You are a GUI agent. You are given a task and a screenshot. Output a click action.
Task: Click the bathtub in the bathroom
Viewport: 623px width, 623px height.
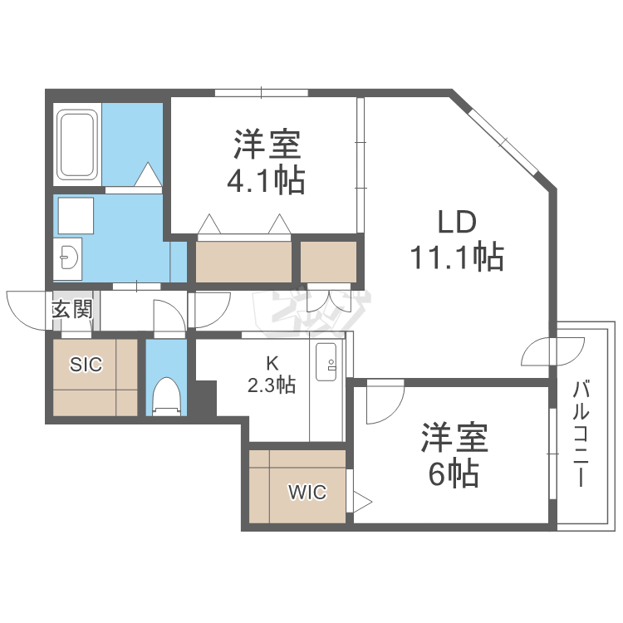tap(77, 145)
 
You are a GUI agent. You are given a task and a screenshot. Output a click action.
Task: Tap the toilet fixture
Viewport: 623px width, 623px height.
tap(167, 396)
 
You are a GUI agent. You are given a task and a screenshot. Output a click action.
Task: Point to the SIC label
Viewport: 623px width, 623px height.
tap(85, 364)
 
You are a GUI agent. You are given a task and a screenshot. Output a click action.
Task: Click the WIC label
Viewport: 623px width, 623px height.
tap(308, 493)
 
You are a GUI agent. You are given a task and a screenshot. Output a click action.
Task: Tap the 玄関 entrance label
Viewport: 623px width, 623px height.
tap(71, 311)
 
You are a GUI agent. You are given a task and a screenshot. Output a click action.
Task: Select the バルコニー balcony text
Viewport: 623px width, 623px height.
tap(581, 433)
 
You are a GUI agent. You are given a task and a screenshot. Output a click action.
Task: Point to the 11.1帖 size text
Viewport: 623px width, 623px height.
tap(455, 258)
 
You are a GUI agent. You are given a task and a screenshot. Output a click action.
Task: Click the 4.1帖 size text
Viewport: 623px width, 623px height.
tap(266, 179)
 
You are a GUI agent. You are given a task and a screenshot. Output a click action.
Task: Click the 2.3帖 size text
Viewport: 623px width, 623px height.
tap(272, 385)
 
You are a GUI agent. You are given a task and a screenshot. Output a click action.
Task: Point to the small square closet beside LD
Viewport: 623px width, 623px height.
tap(328, 262)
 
